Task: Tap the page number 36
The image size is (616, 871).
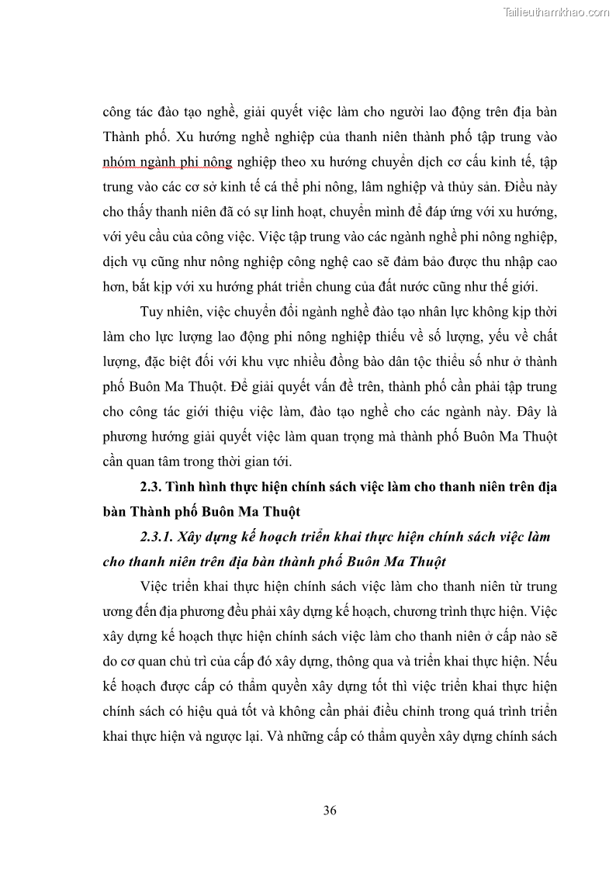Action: point(330,811)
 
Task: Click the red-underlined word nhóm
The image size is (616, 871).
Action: point(121,161)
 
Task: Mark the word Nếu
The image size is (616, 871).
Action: point(544,662)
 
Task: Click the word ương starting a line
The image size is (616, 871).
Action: point(116,612)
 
